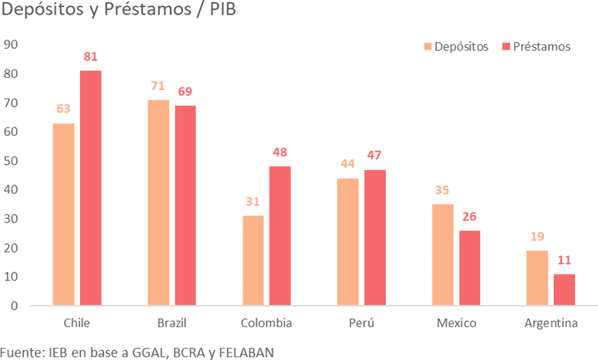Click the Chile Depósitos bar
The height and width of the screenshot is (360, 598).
(63, 214)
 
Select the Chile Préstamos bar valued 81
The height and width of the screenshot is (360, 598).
(91, 188)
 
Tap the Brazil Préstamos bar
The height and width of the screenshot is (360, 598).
(185, 206)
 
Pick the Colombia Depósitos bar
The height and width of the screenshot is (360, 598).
(253, 261)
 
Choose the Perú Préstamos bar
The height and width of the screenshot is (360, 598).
(375, 238)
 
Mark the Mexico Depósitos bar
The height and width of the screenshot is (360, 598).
(442, 255)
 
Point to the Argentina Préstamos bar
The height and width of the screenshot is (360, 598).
(564, 290)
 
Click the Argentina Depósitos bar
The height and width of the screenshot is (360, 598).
(537, 278)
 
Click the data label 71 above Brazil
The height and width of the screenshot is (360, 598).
(158, 86)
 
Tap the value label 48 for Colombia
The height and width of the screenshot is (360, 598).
(280, 153)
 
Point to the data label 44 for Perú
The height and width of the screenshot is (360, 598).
(348, 164)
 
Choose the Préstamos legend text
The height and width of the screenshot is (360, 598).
(542, 47)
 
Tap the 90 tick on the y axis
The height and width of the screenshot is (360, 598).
(11, 44)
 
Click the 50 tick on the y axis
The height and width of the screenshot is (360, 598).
(11, 160)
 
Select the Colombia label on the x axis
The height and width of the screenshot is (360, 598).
(266, 323)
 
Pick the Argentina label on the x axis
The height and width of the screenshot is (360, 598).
(551, 323)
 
